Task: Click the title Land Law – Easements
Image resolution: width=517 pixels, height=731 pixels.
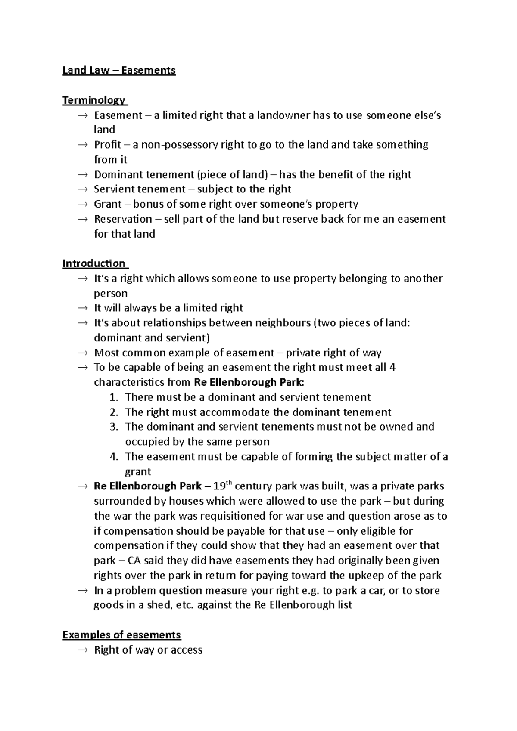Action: pos(119,70)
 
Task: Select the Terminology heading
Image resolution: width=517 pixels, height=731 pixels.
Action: pos(94,100)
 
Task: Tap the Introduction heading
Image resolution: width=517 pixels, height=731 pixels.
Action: pos(94,263)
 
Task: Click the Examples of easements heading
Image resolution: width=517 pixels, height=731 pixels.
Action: pos(121,635)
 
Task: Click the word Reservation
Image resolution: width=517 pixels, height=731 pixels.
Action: pos(123,219)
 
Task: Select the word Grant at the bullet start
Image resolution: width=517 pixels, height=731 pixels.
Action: pos(108,204)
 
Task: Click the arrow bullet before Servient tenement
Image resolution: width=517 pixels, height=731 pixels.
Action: pos(82,189)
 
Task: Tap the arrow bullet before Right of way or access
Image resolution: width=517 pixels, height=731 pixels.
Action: pos(82,650)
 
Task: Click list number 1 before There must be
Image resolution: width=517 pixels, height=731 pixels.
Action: pos(113,397)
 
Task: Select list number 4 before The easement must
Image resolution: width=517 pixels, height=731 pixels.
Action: pos(113,457)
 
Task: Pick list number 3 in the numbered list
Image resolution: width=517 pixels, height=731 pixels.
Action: pos(113,427)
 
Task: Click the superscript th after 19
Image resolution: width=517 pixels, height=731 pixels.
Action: pos(229,483)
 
